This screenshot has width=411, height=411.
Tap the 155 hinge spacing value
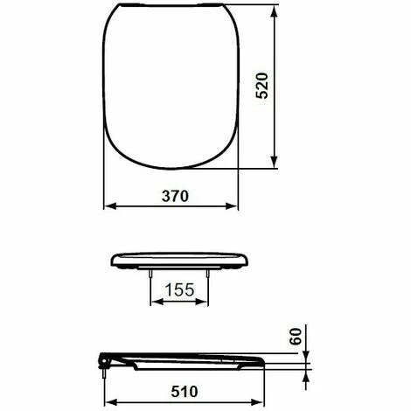[x=181, y=289]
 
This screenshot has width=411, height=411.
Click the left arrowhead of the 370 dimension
[x=109, y=206]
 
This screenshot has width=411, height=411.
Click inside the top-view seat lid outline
[x=172, y=87]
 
